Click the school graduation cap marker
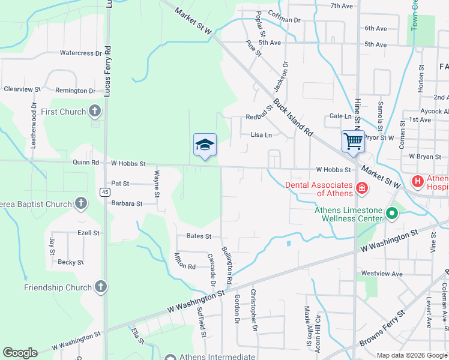205,145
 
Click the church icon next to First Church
94,111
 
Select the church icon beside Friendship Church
100,287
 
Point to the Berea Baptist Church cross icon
80,203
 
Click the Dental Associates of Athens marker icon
361,188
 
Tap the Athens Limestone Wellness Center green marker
391,212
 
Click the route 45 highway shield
105,191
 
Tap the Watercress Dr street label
80,53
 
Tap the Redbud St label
259,117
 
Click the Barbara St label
126,203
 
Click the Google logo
20,353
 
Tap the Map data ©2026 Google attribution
411,355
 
